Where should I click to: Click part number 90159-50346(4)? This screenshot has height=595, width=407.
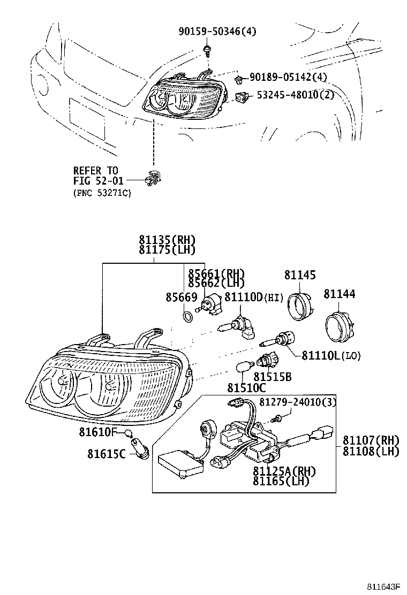(x=217, y=32)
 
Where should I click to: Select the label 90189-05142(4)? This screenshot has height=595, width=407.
(x=288, y=78)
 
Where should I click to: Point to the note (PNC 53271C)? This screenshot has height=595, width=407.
(x=102, y=193)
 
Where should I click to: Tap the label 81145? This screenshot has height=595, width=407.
(x=300, y=275)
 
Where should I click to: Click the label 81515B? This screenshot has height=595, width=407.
(x=273, y=377)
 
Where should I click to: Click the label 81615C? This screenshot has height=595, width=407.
(x=106, y=454)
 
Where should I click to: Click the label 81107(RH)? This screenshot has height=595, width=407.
(x=371, y=440)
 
